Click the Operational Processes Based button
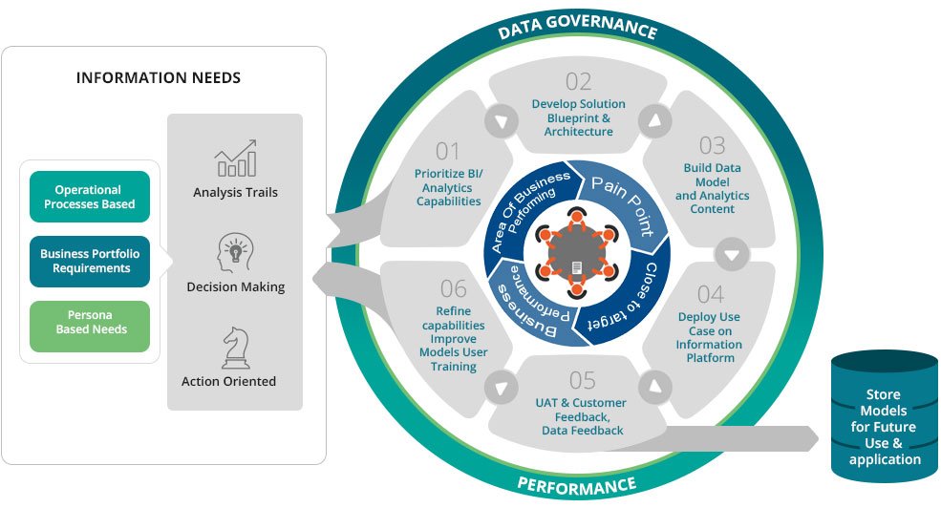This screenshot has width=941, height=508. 90,197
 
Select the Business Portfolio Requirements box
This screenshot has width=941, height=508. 90,262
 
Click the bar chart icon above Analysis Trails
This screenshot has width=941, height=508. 234,159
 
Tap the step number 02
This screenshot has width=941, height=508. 578,82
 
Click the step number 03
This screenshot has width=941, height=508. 712,145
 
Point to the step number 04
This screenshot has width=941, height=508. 710,293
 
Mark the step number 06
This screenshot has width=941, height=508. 453,288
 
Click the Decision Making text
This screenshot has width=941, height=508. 235,286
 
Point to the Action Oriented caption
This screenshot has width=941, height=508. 228,381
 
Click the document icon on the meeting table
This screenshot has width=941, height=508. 577,268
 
